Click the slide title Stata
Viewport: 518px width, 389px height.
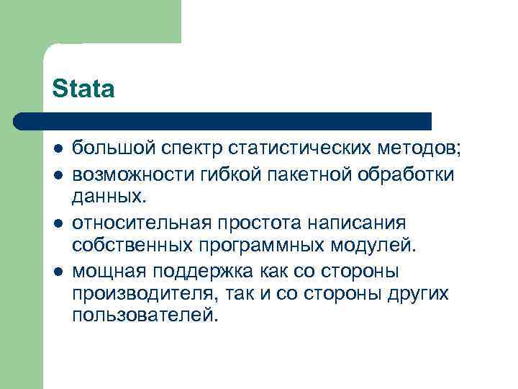[x=83, y=89]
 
